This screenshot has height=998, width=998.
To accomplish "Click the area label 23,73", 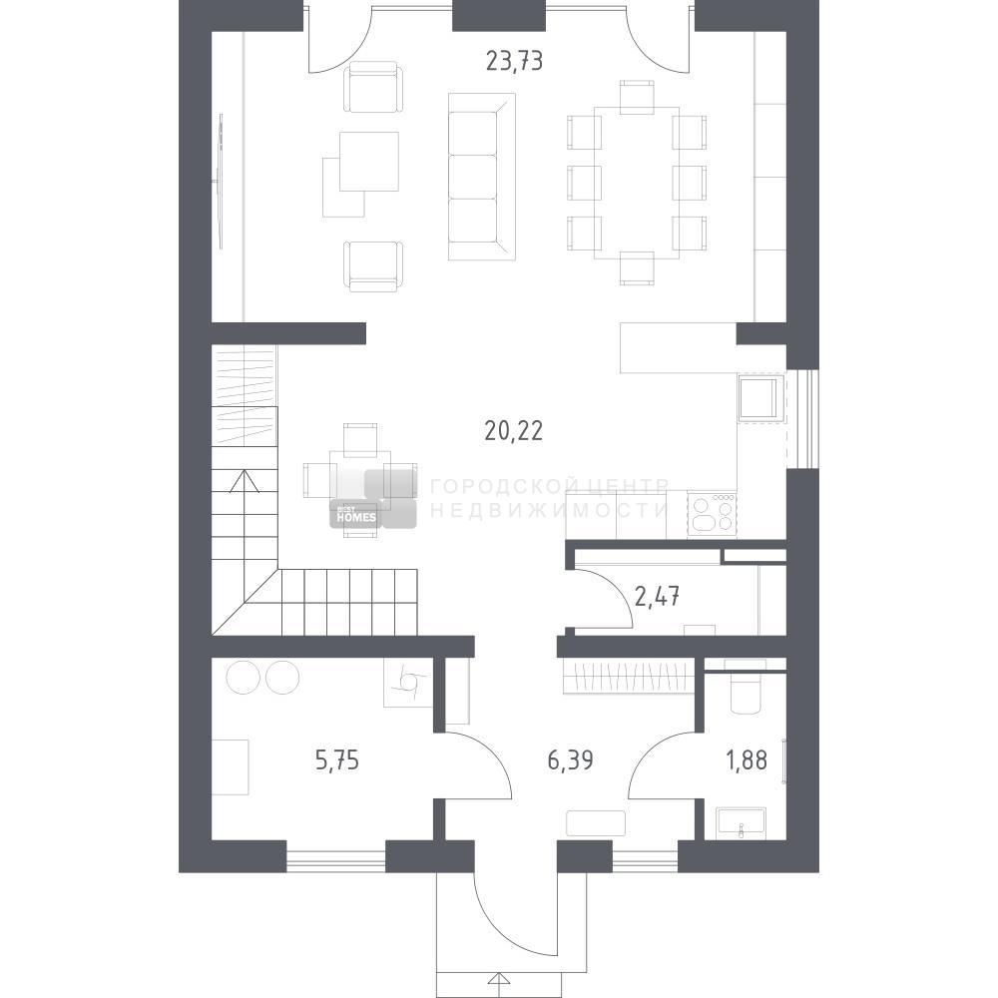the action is pos(514,61).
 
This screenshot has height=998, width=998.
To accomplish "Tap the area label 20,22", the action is pos(514,431).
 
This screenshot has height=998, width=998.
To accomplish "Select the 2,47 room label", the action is pos(657,597).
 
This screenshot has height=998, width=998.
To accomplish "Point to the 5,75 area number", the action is pos(337,759).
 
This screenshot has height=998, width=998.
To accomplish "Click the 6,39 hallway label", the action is pos(570,759).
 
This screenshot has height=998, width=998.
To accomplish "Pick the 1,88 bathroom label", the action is pos(747,759).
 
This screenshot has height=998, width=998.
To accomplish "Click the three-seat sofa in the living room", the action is pos(481,177).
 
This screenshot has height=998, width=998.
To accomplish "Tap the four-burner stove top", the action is pos(712,514).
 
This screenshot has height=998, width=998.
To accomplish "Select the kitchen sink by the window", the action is pos(760,398).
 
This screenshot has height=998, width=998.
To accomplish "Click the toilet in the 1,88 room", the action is pos(746,687).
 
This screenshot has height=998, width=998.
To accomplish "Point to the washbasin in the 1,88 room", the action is pos(741,823).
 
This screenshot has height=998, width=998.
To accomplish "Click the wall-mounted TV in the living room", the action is pos(221,182).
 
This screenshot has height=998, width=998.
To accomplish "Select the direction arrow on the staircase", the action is pos(245,481).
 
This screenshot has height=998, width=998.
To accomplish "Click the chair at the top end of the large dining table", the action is pos(637,98).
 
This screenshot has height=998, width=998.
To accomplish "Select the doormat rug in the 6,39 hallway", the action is pos(596,823).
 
